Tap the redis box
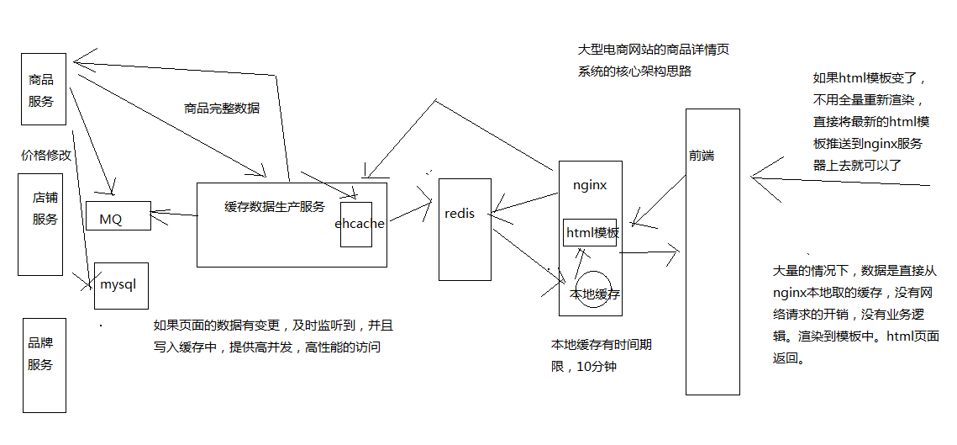465,228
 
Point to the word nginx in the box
590,185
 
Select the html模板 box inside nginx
592,233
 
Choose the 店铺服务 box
40,225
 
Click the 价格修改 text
47,156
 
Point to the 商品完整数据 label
222,109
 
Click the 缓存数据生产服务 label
275,207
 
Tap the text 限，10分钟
584,367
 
